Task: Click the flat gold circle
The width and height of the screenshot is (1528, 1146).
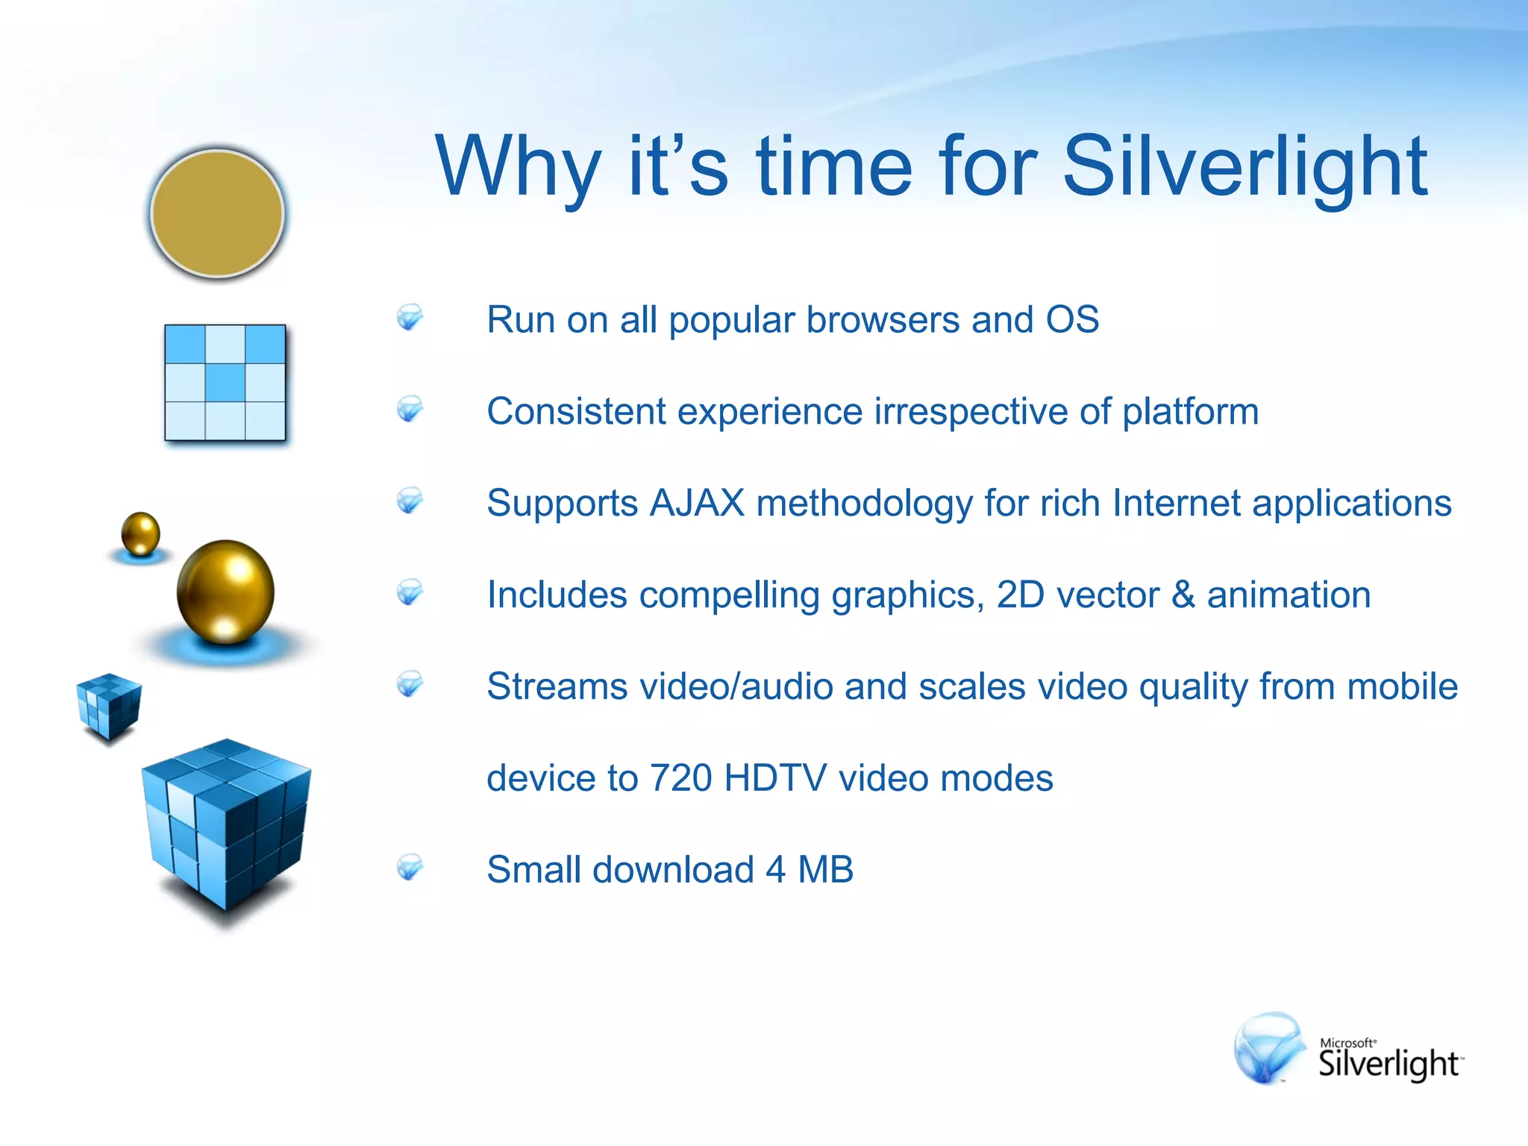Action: [x=217, y=213]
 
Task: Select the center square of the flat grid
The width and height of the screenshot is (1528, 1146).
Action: [x=225, y=382]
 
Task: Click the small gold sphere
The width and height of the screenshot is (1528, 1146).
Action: [x=140, y=533]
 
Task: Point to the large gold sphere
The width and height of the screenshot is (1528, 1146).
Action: [x=225, y=591]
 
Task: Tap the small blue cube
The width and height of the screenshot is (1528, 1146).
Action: [x=109, y=705]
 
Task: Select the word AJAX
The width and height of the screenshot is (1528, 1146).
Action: [x=697, y=503]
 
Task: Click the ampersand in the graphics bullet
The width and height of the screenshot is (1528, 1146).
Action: [x=1183, y=595]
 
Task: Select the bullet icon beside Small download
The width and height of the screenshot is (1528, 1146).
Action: [x=410, y=867]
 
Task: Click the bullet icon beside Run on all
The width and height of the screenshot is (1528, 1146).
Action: [x=410, y=317]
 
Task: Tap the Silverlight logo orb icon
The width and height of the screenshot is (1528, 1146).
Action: [x=1268, y=1047]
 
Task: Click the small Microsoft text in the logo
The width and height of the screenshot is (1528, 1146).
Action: [x=1347, y=1042]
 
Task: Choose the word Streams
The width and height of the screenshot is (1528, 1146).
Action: [x=557, y=686]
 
